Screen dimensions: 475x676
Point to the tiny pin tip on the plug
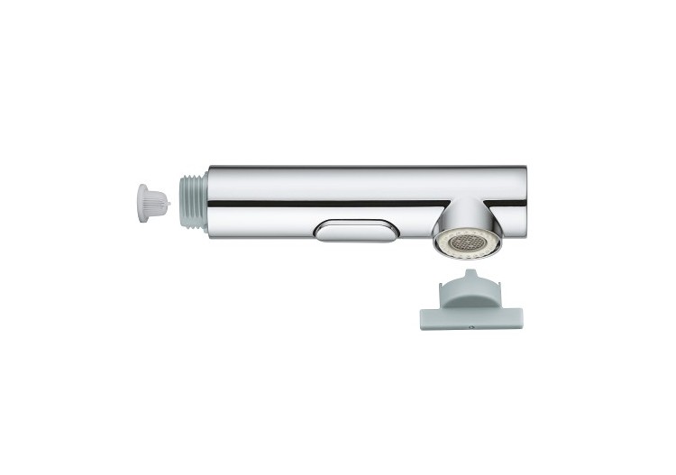[169, 203]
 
